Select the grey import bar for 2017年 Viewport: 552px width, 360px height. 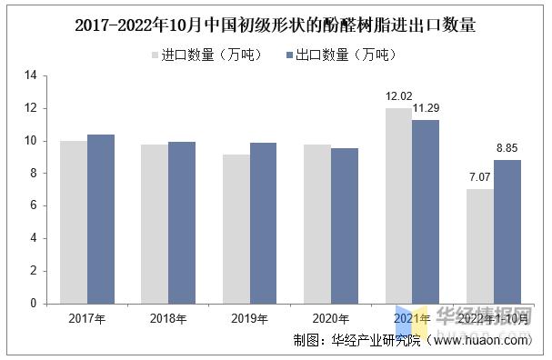point(74,222)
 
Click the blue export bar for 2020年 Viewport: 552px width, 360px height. point(345,225)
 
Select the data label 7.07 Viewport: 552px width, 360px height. point(480,176)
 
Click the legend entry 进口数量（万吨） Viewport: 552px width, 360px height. point(205,55)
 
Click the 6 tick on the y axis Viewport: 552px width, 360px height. point(33,205)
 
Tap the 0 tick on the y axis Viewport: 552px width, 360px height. point(33,303)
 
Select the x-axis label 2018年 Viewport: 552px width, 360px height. point(168,318)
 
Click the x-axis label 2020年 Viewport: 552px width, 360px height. point(331,318)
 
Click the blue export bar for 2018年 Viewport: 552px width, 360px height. point(182,222)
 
